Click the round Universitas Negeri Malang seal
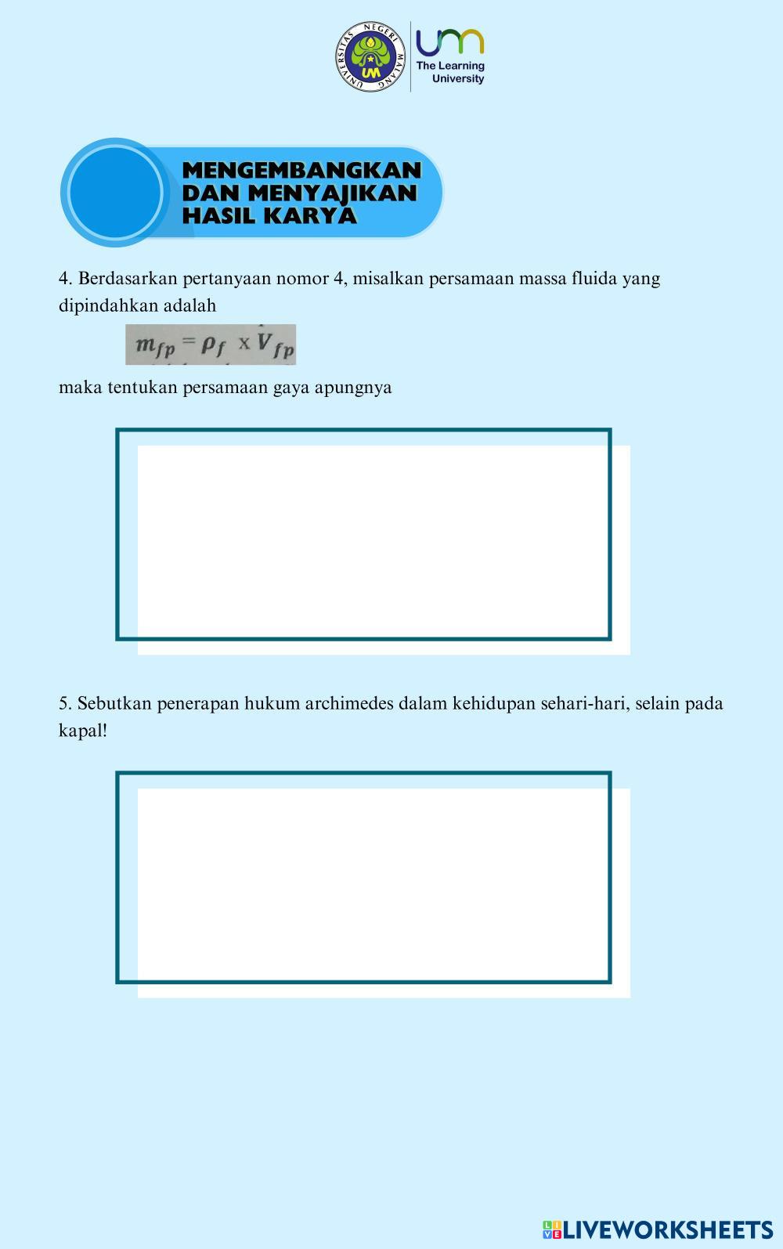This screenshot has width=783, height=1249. click(x=372, y=56)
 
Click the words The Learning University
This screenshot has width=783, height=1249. click(x=450, y=72)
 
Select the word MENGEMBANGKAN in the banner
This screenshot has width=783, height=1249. click(x=301, y=170)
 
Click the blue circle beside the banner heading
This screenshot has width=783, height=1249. click(x=115, y=193)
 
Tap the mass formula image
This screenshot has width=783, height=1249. click(x=211, y=345)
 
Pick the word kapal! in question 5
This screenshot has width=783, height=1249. click(x=83, y=731)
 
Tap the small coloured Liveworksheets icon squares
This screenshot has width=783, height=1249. click(x=551, y=1229)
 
